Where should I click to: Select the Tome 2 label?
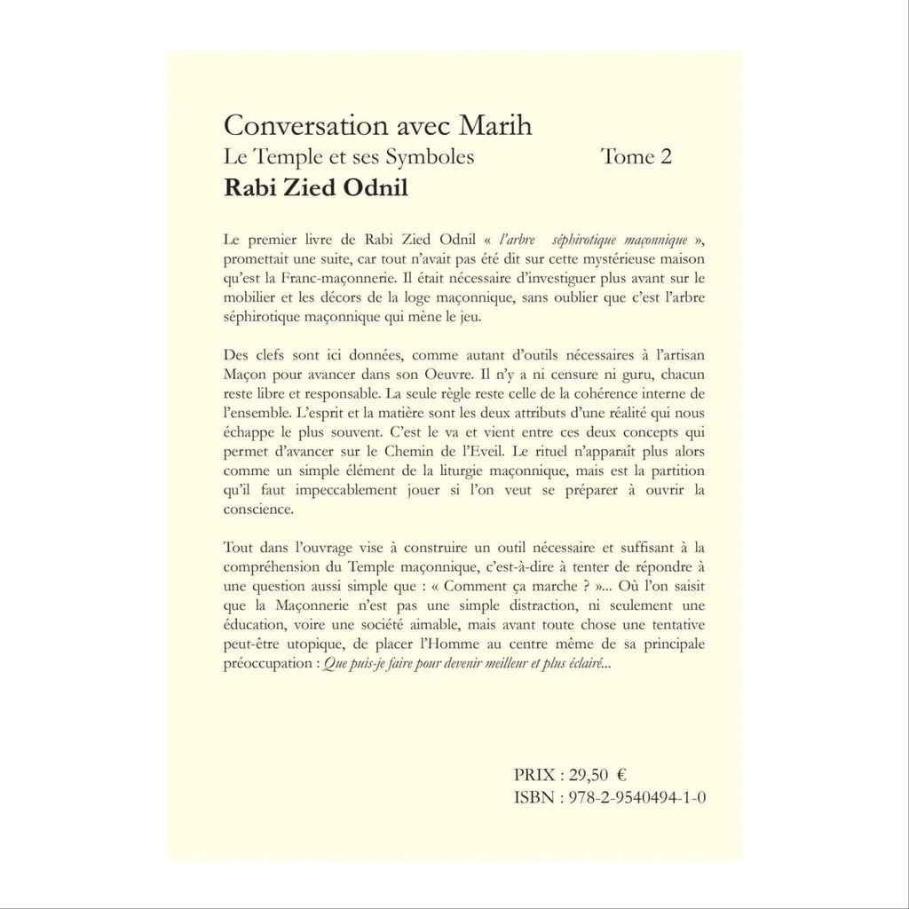(x=636, y=157)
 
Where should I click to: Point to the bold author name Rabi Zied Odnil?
(x=309, y=189)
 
